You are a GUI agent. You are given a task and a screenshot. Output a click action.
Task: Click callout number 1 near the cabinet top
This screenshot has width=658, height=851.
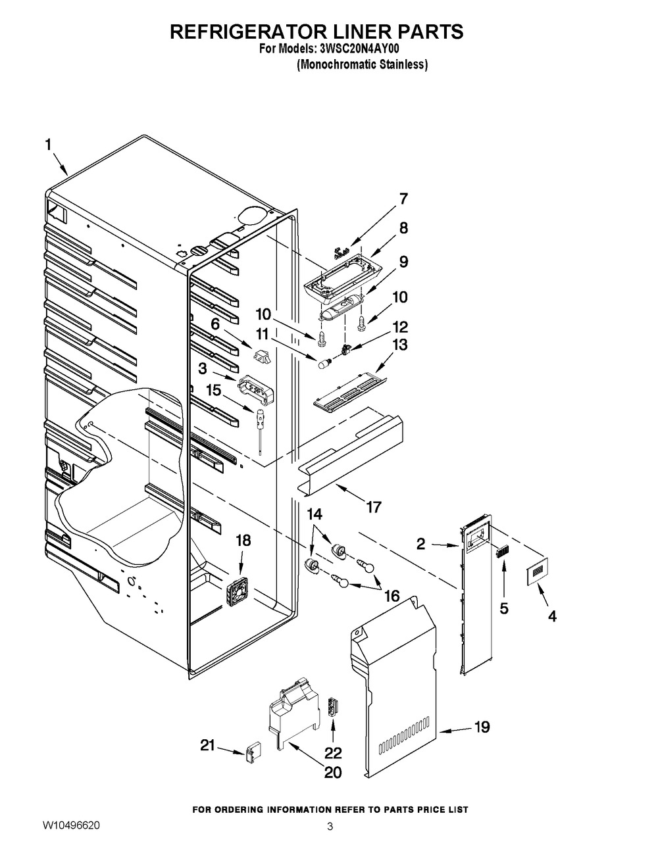47,145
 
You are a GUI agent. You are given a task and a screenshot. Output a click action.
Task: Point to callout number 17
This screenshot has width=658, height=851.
374,507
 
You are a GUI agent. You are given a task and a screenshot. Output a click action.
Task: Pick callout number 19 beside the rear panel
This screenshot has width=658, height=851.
482,727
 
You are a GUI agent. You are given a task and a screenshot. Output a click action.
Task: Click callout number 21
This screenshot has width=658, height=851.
208,746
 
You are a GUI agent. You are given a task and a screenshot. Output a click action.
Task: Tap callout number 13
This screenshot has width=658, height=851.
399,345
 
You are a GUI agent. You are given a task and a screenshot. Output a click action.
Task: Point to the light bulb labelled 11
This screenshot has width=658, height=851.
324,361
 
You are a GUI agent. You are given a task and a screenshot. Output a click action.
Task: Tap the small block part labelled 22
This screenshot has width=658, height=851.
333,710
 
